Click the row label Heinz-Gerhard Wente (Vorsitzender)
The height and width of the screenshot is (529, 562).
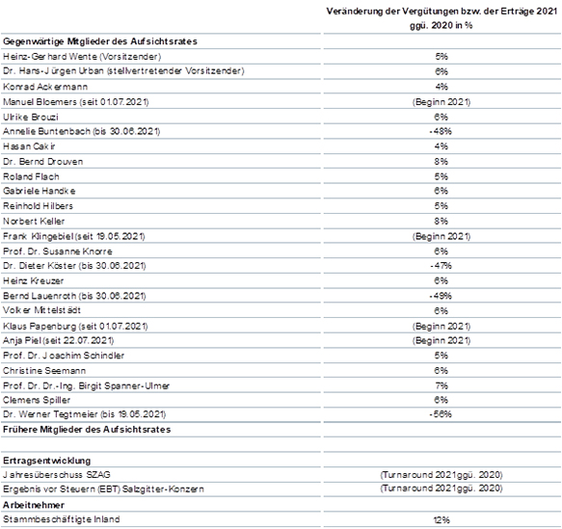82,57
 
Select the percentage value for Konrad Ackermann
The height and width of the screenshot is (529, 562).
442,87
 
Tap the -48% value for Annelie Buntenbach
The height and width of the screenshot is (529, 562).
441,131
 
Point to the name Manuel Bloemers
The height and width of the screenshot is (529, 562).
40,102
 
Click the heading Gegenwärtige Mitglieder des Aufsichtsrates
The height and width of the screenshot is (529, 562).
100,41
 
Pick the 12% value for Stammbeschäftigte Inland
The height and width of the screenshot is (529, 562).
442,520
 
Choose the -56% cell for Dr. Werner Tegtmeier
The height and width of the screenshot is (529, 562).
441,414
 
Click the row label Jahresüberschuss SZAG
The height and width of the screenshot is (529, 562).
57,475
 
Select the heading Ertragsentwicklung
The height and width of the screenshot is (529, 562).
46,461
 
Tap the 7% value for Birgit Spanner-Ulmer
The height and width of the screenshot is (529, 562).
442,385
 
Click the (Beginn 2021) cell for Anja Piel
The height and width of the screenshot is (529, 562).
442,340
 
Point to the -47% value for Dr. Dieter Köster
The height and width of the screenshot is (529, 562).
441,266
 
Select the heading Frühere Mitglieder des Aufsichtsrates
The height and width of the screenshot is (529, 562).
87,430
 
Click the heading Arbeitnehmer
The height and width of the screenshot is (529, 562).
34,505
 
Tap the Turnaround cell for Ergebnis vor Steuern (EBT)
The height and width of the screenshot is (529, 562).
442,489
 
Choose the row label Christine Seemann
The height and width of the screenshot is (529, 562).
44,371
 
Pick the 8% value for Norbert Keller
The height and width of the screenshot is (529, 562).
442,222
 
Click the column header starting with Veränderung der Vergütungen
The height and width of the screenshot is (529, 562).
442,18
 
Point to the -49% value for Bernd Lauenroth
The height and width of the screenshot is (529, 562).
441,296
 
